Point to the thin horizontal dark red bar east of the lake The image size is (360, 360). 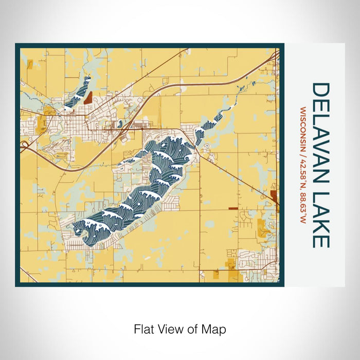(233, 208)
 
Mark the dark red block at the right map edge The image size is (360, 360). (274, 196)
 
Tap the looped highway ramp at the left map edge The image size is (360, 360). (24, 146)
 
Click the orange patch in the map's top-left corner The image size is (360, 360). (29, 64)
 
